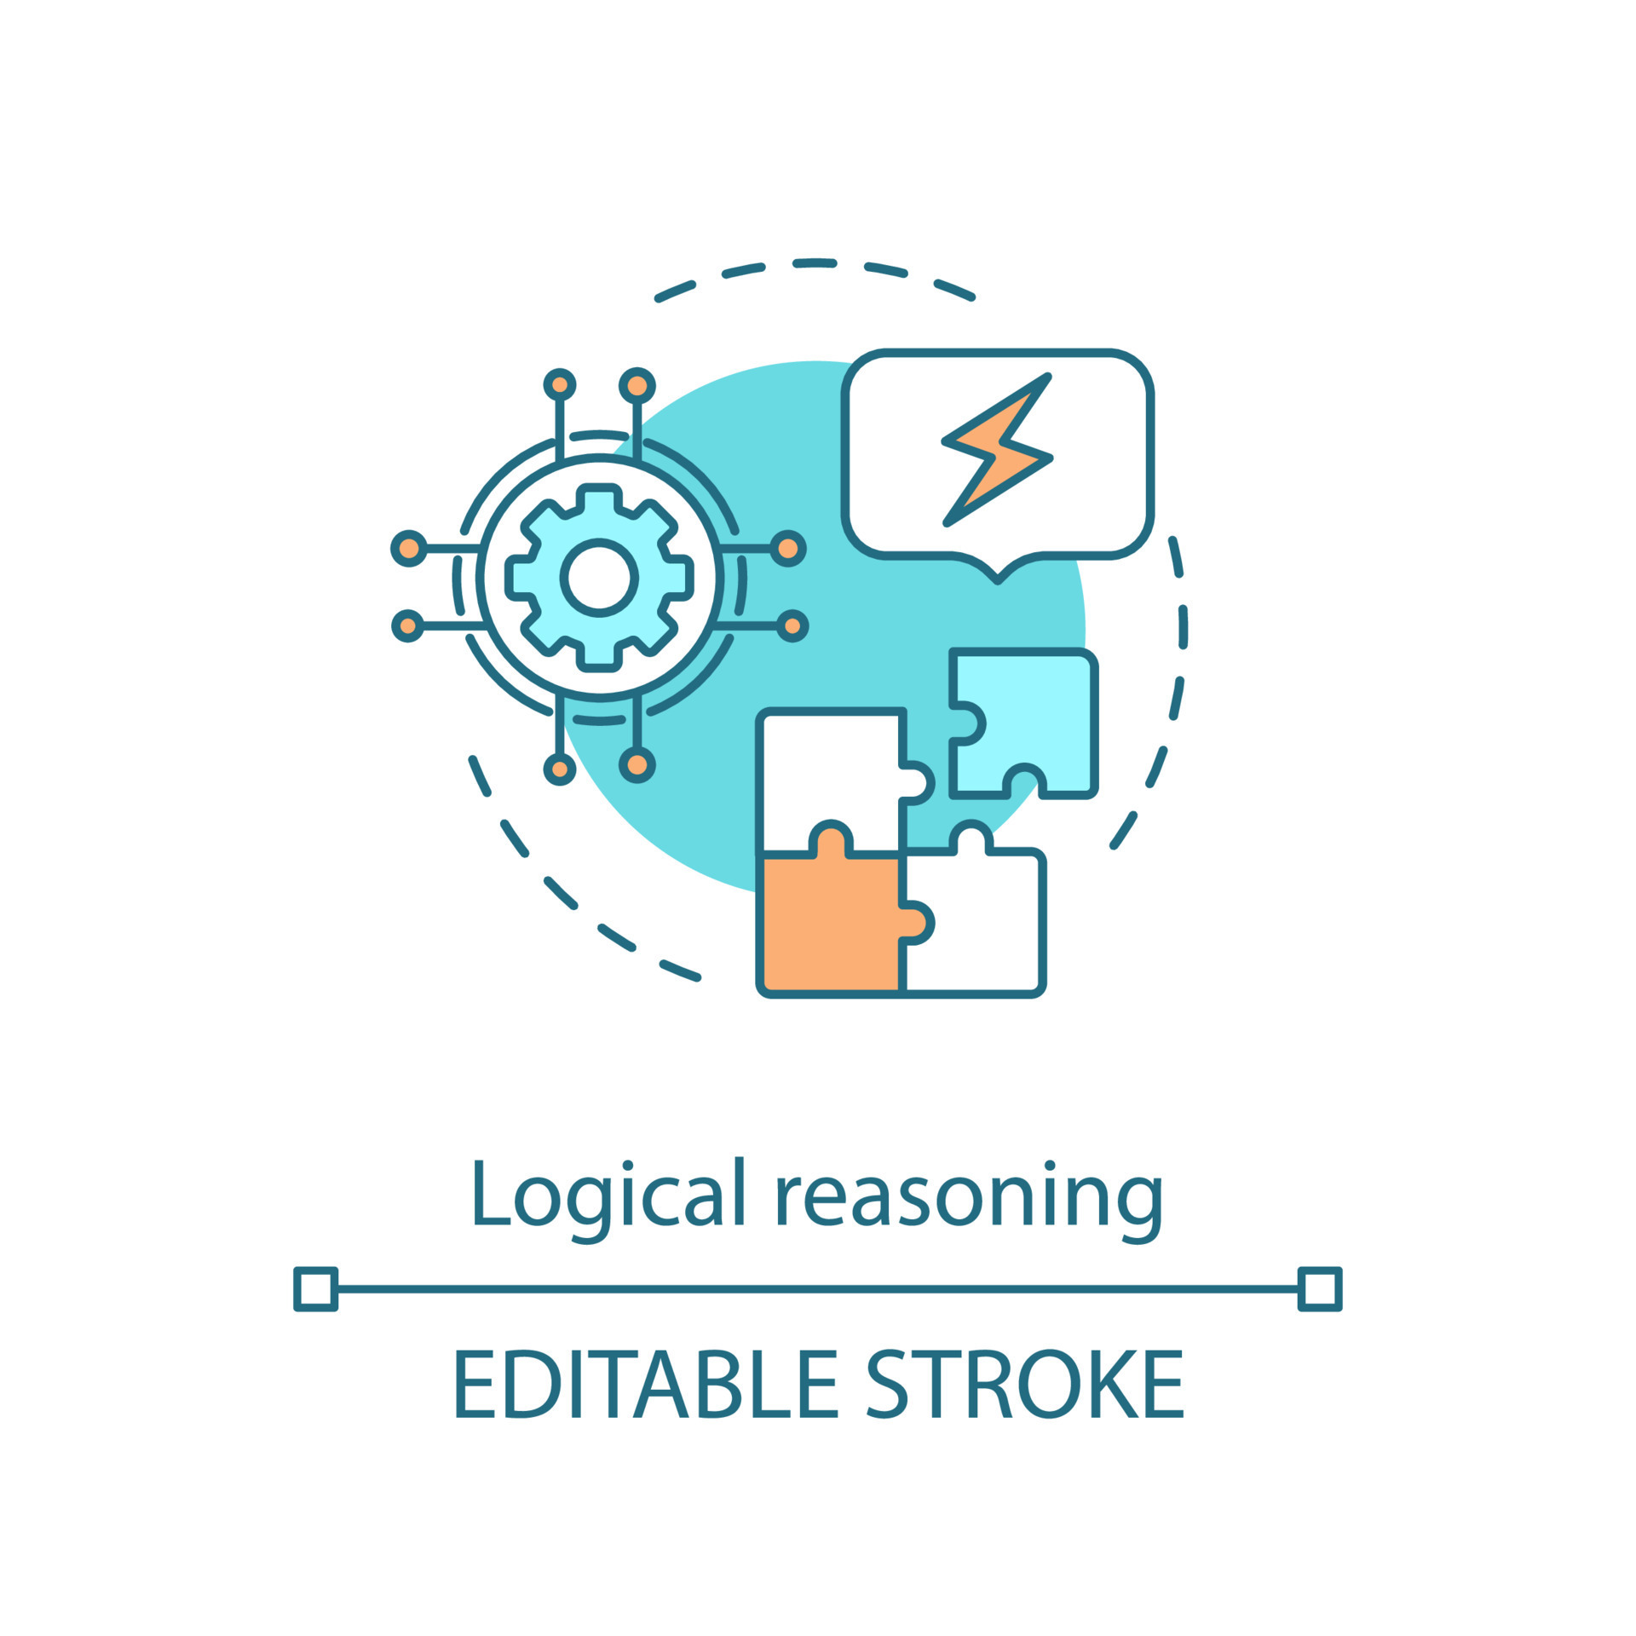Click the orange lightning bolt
(x=997, y=451)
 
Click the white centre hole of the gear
(x=599, y=577)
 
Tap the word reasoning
(x=968, y=1197)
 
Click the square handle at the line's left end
(x=316, y=1289)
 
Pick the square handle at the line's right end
(x=1320, y=1289)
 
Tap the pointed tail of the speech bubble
(x=998, y=576)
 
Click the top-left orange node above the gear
(x=560, y=385)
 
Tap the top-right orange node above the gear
(x=637, y=386)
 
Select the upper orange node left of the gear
(x=409, y=548)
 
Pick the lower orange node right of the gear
(x=792, y=626)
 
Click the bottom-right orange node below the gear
(x=637, y=765)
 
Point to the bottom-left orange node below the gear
(x=560, y=769)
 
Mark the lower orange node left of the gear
(x=408, y=626)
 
